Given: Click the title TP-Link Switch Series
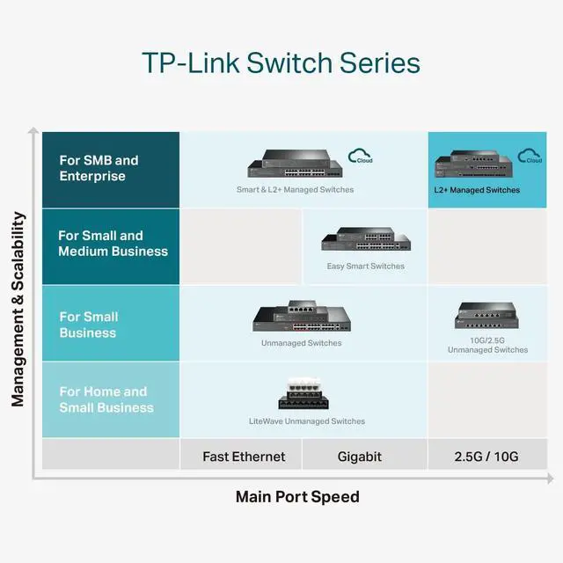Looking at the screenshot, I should (281, 63).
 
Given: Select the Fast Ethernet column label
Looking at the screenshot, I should (244, 457).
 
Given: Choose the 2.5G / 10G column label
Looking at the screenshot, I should (486, 457).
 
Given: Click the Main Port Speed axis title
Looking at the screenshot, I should (297, 497).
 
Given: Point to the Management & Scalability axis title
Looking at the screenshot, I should (18, 308).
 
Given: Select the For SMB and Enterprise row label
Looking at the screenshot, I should (99, 168).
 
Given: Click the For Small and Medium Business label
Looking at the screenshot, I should (113, 244).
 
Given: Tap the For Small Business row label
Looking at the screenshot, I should (88, 325).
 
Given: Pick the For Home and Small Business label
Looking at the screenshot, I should (106, 399).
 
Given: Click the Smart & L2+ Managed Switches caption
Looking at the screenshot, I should (295, 190).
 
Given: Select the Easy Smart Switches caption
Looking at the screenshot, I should (366, 267).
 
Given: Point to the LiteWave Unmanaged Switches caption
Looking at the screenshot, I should (307, 421).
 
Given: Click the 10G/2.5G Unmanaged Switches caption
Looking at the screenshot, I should (487, 344).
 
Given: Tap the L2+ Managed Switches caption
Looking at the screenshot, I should (477, 190).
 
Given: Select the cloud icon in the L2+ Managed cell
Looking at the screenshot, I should (530, 157).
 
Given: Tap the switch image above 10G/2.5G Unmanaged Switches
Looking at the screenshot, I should (486, 316).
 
